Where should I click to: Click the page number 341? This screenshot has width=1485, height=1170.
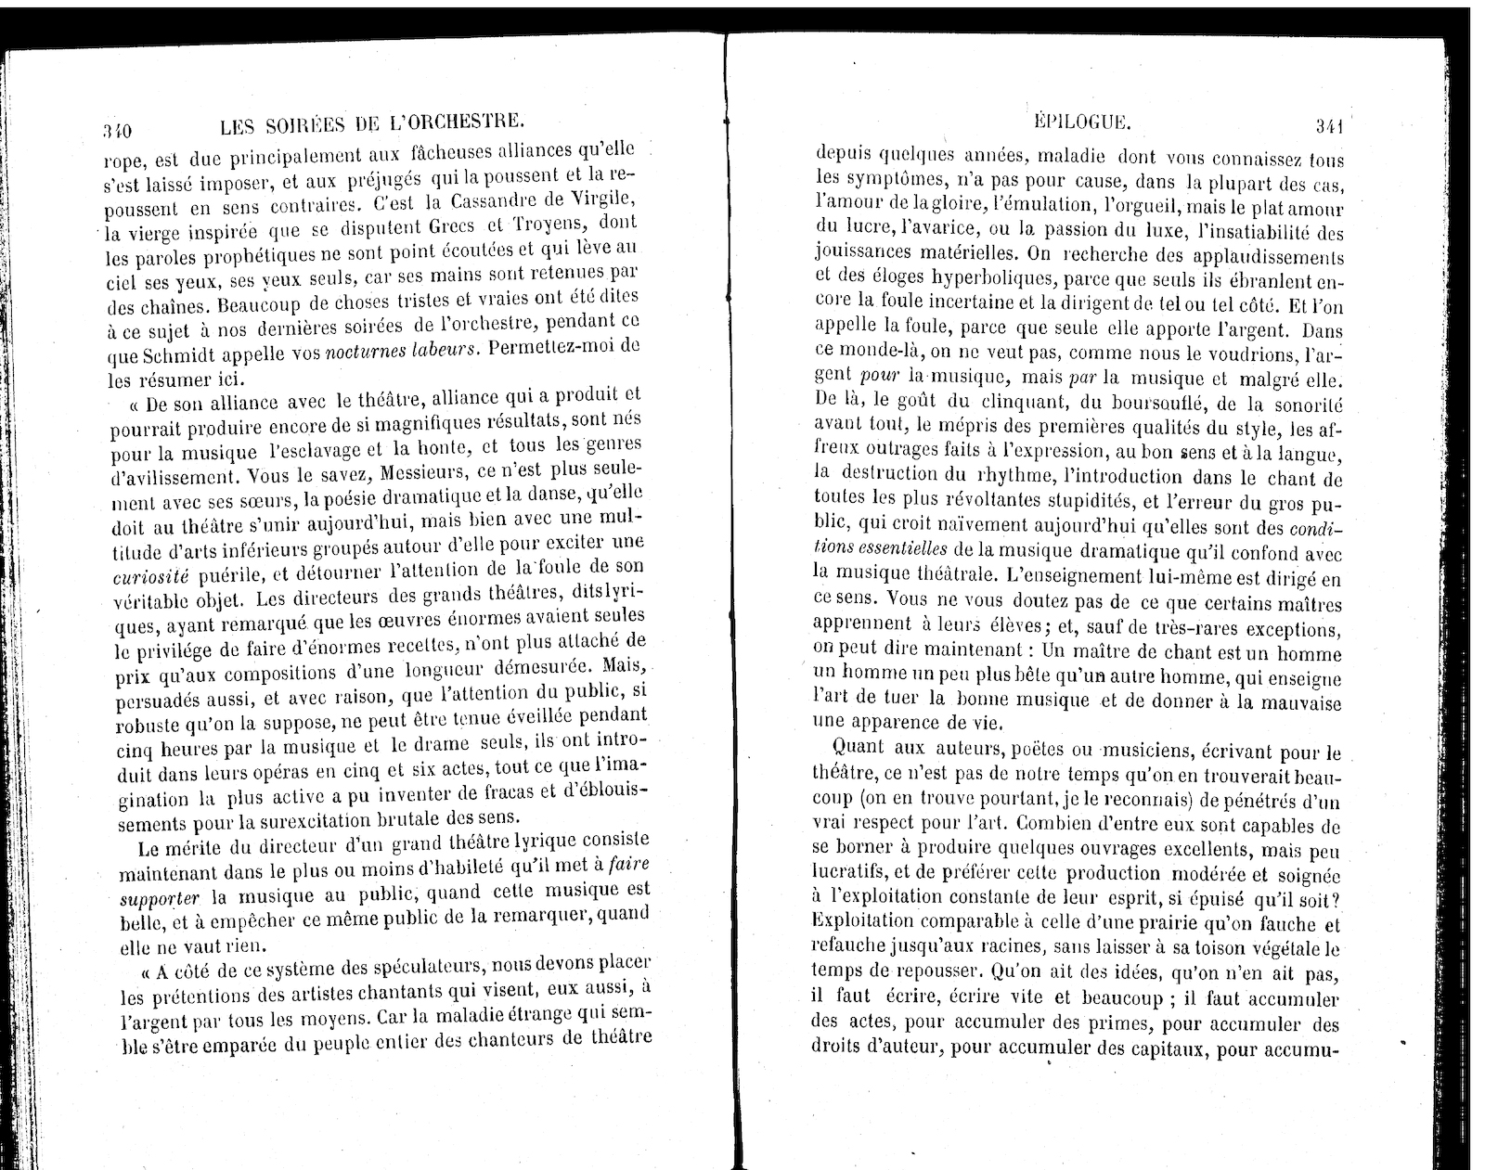[x=1329, y=124]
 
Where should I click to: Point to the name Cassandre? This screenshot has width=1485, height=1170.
[x=492, y=201]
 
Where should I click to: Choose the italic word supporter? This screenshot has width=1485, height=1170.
[x=161, y=899]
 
